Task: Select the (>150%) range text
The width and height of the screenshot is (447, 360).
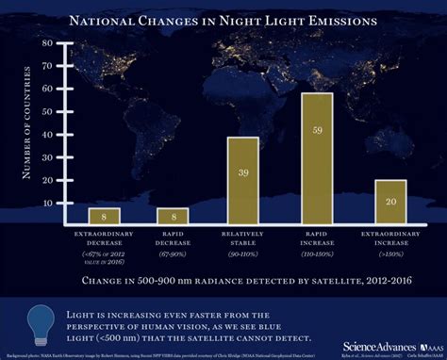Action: pyautogui.click(x=389, y=254)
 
